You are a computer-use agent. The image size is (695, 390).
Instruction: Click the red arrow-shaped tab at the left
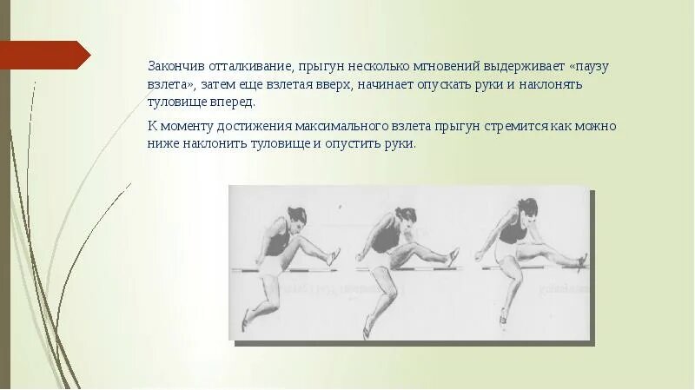[43, 55]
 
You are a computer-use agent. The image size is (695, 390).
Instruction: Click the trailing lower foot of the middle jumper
[370, 327]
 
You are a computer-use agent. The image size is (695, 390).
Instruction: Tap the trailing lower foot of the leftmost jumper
[246, 321]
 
